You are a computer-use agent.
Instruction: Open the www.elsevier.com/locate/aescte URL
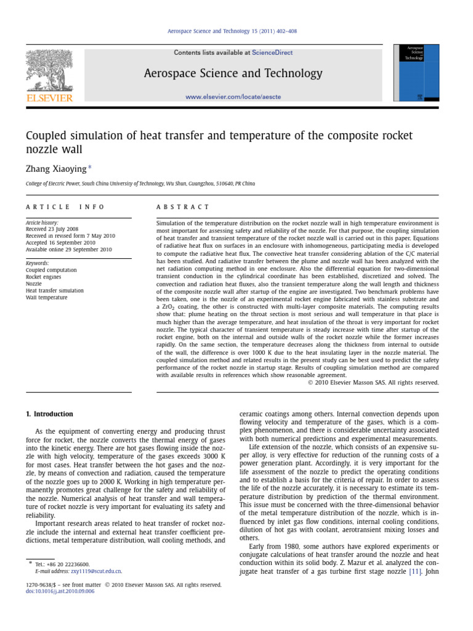[x=233, y=97]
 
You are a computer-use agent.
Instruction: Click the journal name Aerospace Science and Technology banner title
[x=233, y=74]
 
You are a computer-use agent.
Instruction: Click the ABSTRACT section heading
[x=183, y=207]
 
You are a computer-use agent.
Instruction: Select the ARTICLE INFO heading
[x=65, y=207]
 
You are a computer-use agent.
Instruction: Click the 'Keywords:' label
[x=37, y=263]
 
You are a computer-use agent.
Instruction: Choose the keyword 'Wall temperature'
[x=46, y=297]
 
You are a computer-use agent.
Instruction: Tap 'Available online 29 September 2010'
[x=68, y=250]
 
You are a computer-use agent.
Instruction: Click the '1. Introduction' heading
[x=49, y=414]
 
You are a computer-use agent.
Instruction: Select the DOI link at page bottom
[x=60, y=591]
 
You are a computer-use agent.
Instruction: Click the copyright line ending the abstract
[x=373, y=382]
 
